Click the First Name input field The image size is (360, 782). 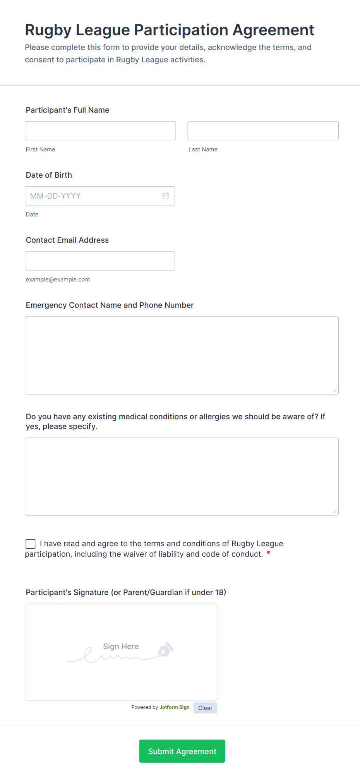(x=100, y=130)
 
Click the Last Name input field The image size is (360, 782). (x=263, y=130)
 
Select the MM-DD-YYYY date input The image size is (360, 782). (x=93, y=196)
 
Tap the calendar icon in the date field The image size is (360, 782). (x=166, y=196)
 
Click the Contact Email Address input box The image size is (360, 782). (x=100, y=261)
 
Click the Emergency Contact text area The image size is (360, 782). (x=182, y=355)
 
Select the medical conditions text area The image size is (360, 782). (x=182, y=476)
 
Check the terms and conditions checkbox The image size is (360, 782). (x=31, y=544)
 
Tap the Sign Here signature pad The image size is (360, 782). (x=121, y=652)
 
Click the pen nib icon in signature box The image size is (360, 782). (x=165, y=650)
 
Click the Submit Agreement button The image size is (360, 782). (x=182, y=751)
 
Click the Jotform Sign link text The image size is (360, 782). (x=174, y=707)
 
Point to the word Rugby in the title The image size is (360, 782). (x=48, y=30)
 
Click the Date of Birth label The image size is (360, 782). (x=49, y=175)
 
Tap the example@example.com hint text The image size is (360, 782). (x=58, y=280)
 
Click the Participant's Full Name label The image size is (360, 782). (x=67, y=110)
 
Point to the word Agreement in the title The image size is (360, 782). (x=273, y=30)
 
